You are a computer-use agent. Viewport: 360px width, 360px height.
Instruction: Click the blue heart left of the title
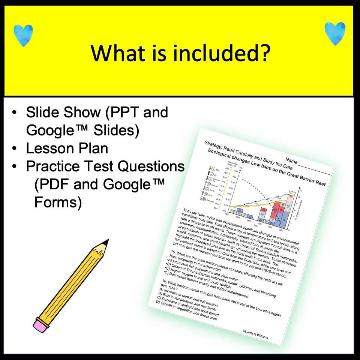click(x=23, y=35)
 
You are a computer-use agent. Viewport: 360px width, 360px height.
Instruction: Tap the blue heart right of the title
click(x=335, y=33)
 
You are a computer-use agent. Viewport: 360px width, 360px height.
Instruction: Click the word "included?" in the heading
click(x=220, y=53)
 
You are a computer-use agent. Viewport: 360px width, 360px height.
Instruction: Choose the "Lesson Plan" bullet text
click(x=67, y=148)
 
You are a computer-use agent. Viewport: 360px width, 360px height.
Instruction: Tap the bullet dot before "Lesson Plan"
click(x=14, y=149)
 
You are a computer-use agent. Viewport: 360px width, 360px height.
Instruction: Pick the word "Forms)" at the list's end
click(x=58, y=202)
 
